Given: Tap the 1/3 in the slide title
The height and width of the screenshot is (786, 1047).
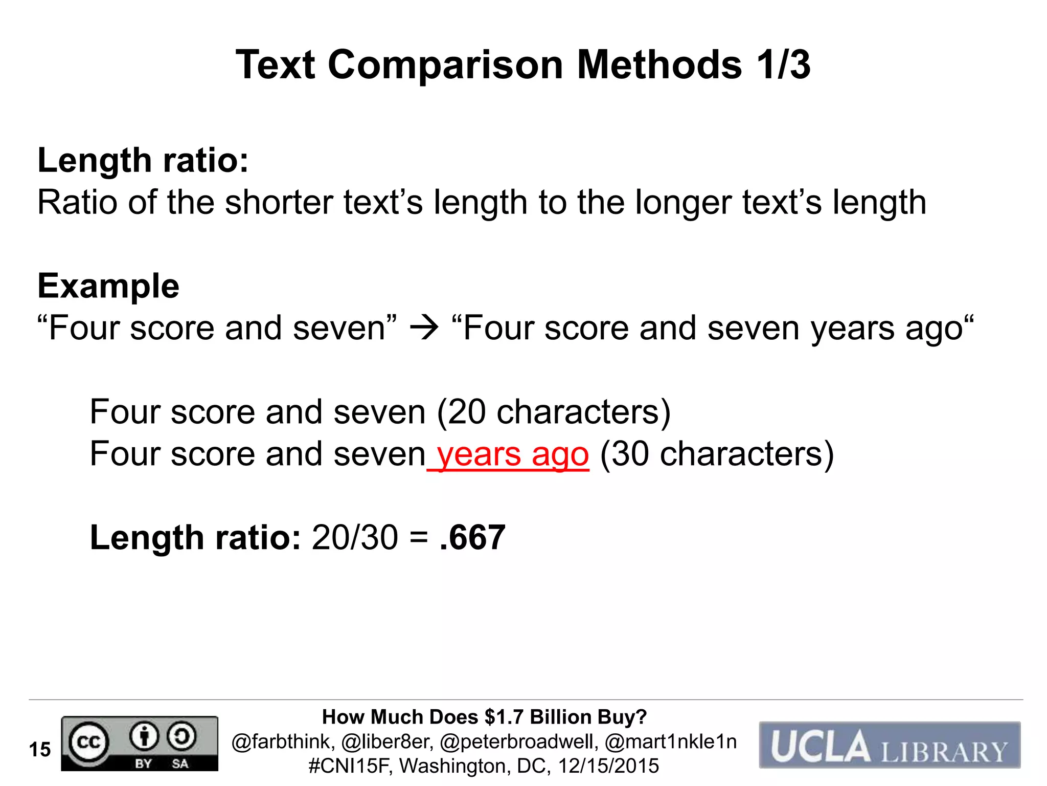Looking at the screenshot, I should click(783, 65).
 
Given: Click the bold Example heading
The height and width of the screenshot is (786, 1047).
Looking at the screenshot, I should click(108, 286).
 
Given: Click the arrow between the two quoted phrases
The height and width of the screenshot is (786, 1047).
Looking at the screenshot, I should click(424, 328).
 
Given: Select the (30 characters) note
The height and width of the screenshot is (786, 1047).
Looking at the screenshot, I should click(717, 454).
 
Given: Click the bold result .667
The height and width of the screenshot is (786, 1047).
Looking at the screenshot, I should click(472, 538).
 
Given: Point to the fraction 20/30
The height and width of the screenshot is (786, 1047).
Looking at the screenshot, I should click(355, 538).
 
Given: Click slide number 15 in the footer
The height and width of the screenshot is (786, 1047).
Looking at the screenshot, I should click(40, 750).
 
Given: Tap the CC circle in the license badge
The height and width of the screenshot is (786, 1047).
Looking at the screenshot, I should click(88, 741).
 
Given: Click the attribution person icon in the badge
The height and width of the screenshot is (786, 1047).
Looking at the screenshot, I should click(144, 736).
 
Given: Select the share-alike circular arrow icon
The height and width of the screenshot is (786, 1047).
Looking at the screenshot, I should click(181, 736).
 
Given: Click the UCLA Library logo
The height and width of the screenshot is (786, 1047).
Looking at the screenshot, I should click(889, 745).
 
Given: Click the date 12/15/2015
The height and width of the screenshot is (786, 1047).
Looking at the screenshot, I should click(608, 766).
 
